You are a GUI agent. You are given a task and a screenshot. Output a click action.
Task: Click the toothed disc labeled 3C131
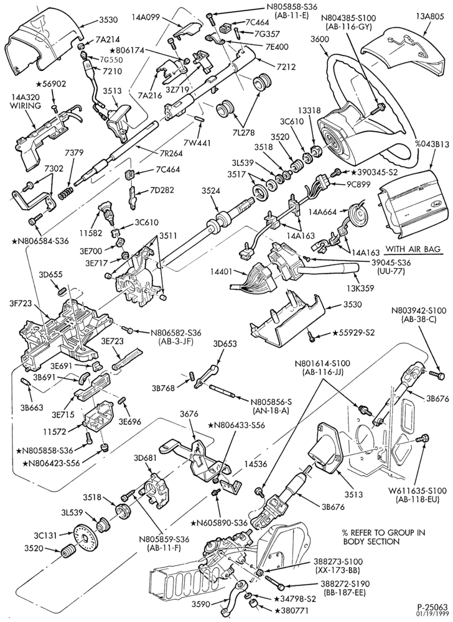(84, 537)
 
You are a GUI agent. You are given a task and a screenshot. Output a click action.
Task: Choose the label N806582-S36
(170, 332)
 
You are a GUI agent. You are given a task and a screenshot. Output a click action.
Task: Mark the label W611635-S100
(419, 491)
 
